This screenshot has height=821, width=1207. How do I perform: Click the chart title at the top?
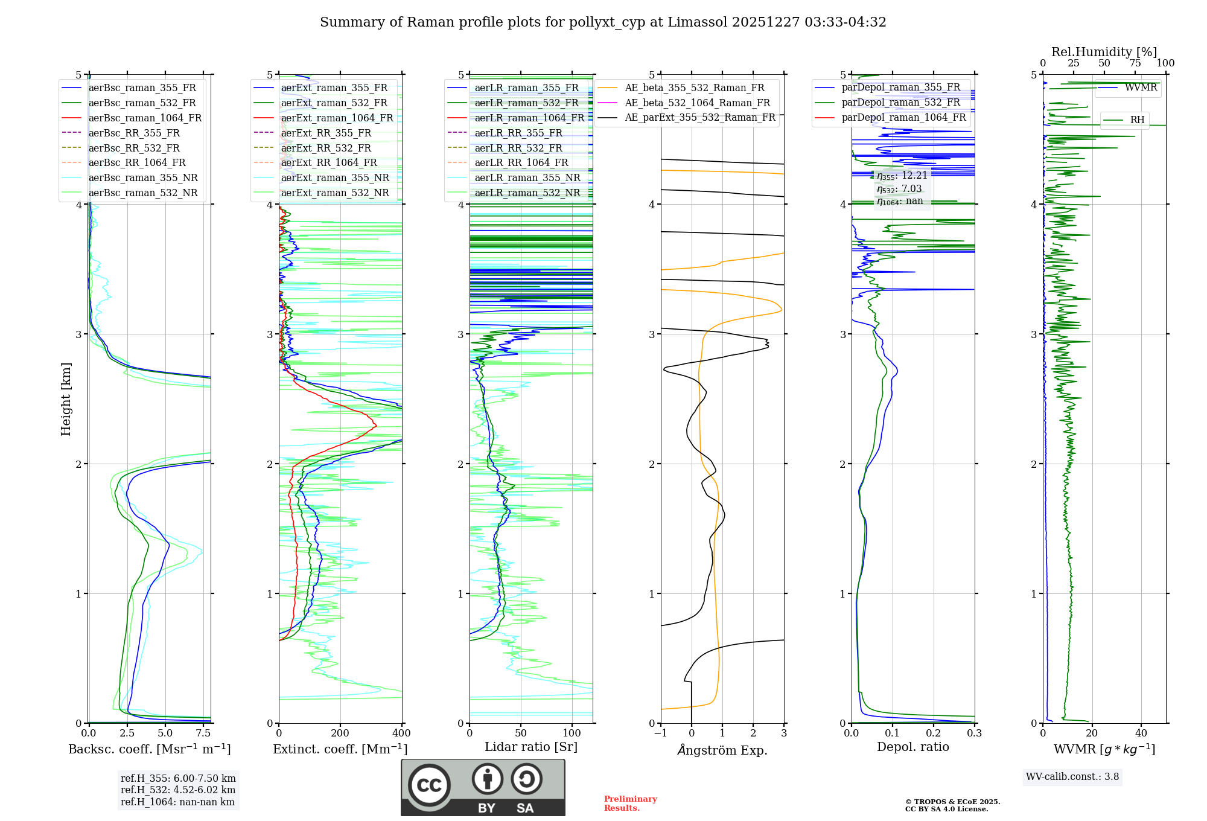click(603, 22)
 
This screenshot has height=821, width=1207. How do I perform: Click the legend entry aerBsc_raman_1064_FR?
click(145, 118)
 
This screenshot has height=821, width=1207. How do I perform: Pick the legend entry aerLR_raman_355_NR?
click(527, 177)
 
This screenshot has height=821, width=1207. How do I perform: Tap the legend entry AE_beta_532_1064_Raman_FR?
click(697, 103)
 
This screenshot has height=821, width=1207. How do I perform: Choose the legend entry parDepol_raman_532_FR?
click(900, 103)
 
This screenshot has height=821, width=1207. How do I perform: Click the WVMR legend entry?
click(1140, 88)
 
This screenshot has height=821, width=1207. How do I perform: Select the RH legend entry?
click(1137, 120)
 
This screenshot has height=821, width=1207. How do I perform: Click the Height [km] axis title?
click(66, 399)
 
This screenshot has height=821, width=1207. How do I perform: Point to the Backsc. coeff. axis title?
click(149, 749)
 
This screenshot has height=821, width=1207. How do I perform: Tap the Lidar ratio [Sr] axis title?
click(530, 747)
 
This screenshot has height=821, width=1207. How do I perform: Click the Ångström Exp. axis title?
click(722, 750)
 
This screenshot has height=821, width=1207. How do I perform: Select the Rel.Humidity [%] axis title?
click(1104, 52)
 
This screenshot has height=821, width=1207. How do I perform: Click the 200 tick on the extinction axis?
click(340, 733)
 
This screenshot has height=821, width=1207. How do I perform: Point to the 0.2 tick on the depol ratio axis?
click(933, 733)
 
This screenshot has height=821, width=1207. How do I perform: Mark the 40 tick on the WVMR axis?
click(1141, 733)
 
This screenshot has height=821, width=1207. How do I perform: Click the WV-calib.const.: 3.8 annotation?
click(1072, 777)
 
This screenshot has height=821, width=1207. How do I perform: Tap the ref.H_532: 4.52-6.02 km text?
click(178, 790)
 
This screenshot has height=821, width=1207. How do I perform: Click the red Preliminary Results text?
click(630, 803)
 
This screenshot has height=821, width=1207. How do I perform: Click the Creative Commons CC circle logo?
click(429, 785)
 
